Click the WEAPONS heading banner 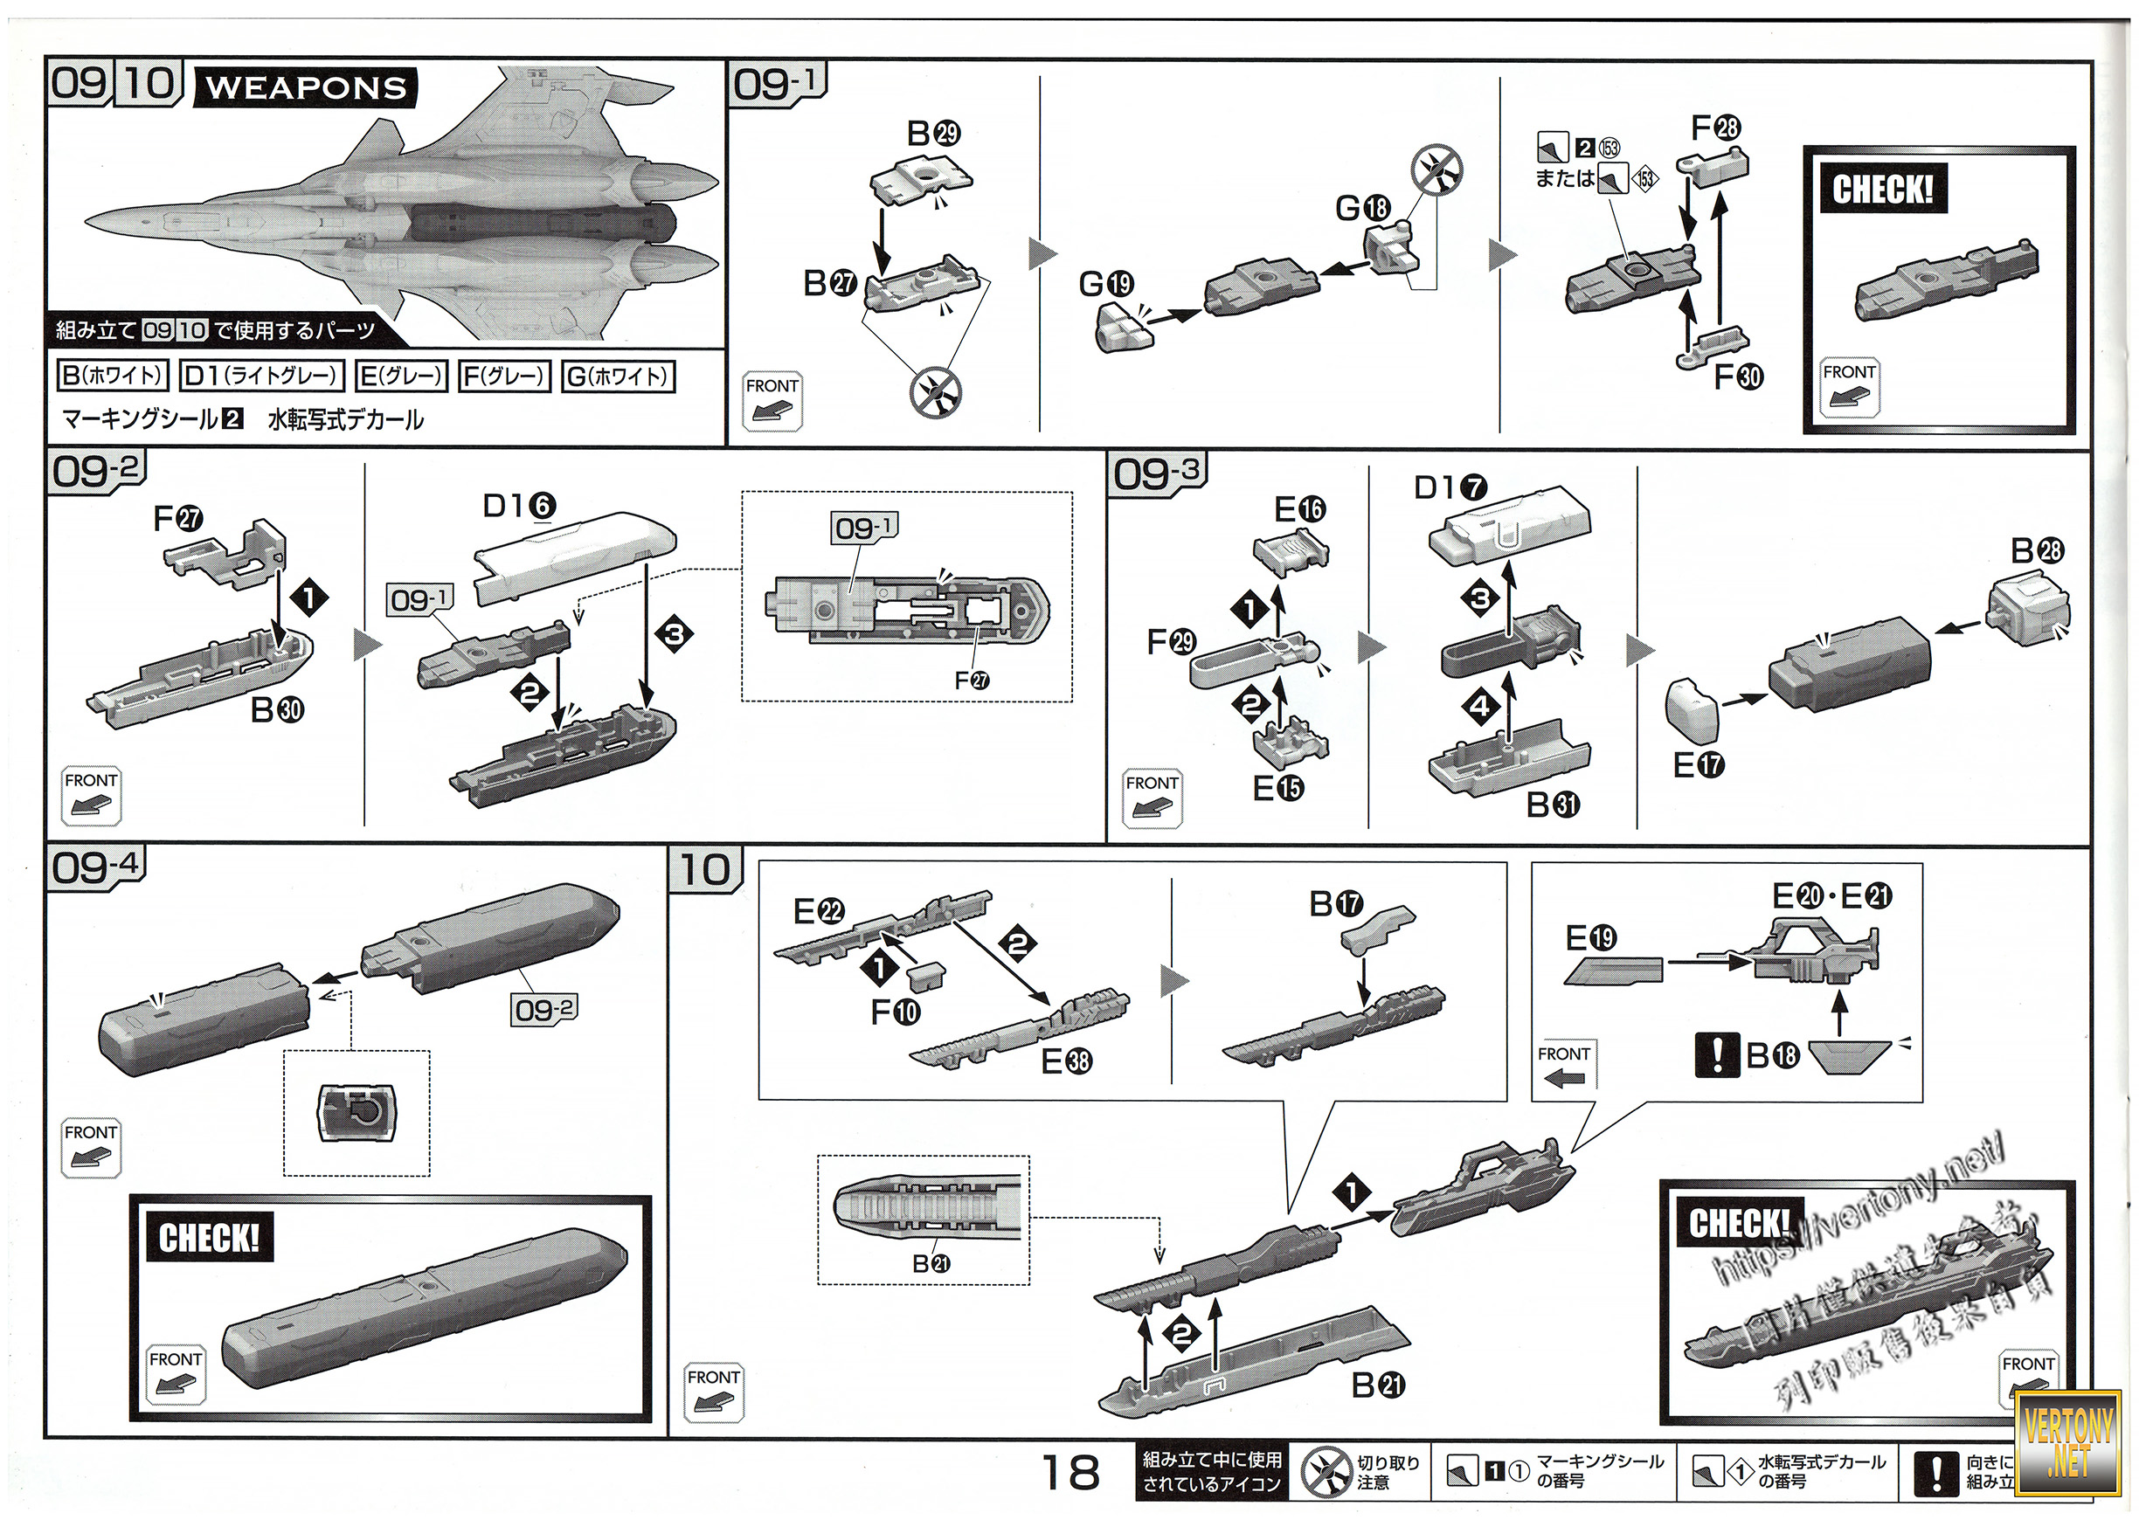coord(305,88)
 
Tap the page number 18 coord(1070,1473)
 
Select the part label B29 coord(933,134)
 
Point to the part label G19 coord(1105,284)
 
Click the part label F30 coord(1737,377)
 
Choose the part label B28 coord(2037,550)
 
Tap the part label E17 coord(1698,764)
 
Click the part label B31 coord(1553,804)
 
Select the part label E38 coord(1066,1061)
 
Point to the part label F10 coord(895,1011)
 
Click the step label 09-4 coord(95,867)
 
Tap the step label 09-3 coord(1157,473)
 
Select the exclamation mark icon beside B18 coord(1717,1055)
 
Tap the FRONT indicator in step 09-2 coord(91,797)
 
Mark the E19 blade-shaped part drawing coord(1612,971)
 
